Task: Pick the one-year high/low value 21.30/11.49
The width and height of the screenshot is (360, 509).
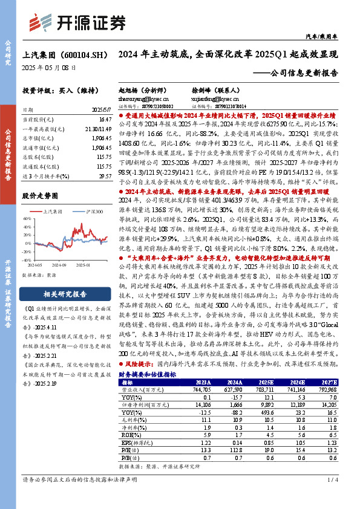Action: [98, 129]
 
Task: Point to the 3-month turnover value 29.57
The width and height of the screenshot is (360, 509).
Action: [105, 175]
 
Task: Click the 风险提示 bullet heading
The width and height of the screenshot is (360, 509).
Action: [138, 365]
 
